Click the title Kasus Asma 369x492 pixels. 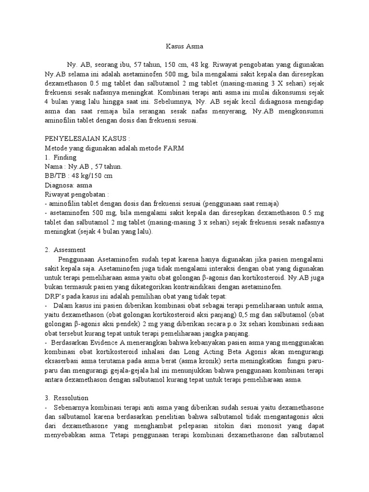coord(184,47)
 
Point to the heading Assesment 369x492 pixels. coord(70,250)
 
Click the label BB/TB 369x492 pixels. coord(54,175)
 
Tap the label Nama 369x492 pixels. coord(53,166)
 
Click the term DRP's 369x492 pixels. coord(54,296)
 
